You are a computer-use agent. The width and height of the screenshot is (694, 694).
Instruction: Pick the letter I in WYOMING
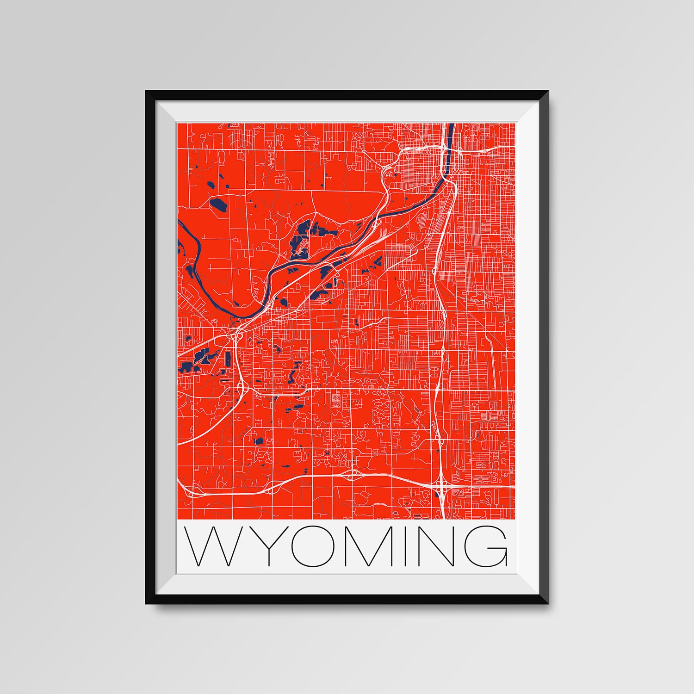406,546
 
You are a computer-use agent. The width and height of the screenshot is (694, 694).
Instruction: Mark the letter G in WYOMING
486,546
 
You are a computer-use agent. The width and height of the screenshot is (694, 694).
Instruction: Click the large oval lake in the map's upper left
217,204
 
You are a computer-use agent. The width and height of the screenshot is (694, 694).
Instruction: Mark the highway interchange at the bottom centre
353,475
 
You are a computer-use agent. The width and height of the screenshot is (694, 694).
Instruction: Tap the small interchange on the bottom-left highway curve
190,493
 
